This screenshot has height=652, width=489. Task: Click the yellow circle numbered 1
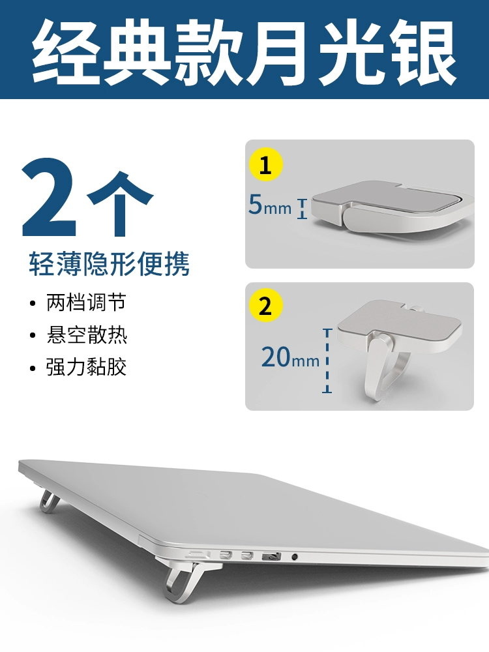point(266,164)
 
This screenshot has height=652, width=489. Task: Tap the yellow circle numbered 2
point(266,305)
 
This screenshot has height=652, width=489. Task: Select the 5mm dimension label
point(270,205)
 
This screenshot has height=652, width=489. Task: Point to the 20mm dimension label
point(290,357)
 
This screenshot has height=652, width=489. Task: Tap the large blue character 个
point(120,203)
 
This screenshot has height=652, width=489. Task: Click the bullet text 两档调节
point(86,302)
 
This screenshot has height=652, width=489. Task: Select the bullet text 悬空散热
point(87,334)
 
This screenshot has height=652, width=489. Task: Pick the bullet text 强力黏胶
point(86,366)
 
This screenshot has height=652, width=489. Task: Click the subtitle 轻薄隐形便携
point(109,263)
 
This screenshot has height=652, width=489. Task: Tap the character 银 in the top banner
point(422,53)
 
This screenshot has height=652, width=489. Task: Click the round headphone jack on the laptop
point(295,556)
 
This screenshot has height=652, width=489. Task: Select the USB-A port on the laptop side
point(271,556)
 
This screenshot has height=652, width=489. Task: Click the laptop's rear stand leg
point(48,501)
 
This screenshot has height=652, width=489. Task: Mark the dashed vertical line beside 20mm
point(327,361)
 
